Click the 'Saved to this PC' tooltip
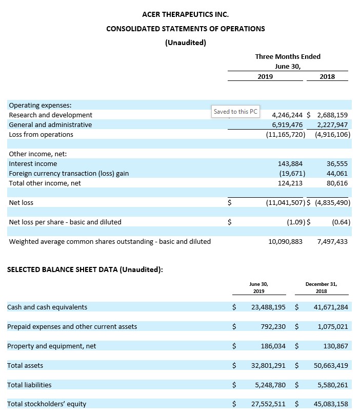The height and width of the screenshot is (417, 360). (235, 111)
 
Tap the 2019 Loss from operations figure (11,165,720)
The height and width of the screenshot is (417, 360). (286, 134)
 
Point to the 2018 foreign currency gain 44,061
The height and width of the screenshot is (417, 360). (336, 173)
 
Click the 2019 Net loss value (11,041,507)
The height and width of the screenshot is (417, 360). (286, 202)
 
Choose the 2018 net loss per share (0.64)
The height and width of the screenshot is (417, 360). (341, 222)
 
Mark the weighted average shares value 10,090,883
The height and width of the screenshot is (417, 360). (286, 241)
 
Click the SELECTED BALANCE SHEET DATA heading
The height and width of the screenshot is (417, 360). (85, 270)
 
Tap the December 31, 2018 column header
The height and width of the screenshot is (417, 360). (321, 287)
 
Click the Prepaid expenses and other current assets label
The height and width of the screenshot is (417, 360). (72, 326)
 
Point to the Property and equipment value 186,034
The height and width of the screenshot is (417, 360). (273, 346)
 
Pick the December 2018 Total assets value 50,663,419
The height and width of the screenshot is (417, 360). (330, 365)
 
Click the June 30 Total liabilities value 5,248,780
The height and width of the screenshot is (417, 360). (270, 385)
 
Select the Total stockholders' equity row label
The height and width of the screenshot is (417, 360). (47, 404)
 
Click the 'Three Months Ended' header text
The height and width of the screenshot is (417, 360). (287, 56)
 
